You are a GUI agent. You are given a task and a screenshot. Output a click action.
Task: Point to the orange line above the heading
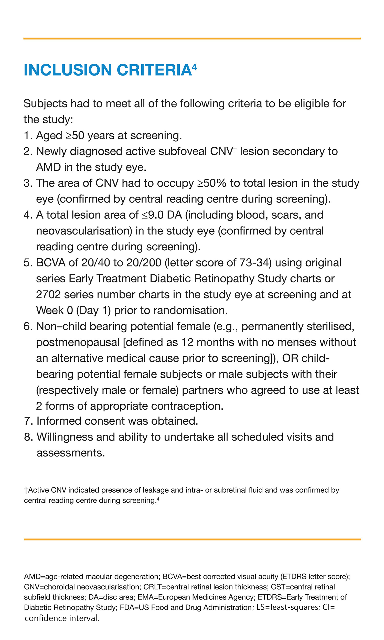[192, 39]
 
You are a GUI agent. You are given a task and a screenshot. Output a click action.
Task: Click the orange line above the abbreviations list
[192, 539]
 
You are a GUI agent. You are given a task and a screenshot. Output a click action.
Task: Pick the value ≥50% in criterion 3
[212, 183]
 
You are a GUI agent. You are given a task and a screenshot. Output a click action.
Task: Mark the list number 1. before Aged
[28, 136]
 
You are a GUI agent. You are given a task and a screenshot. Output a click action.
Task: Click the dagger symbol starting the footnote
[26, 490]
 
